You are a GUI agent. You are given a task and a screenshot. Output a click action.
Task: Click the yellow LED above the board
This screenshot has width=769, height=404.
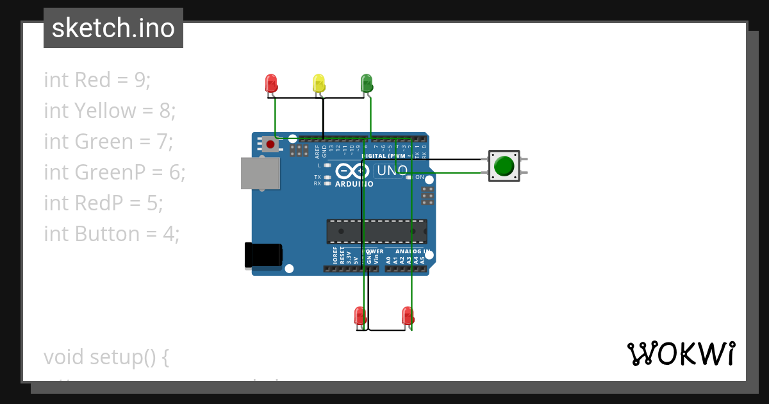pyautogui.click(x=318, y=83)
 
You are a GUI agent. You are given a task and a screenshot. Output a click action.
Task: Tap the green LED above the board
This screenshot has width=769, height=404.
pyautogui.click(x=367, y=82)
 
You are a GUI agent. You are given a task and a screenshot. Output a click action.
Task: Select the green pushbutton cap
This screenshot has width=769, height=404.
pyautogui.click(x=504, y=166)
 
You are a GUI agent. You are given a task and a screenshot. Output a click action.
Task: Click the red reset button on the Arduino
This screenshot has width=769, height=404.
pyautogui.click(x=270, y=144)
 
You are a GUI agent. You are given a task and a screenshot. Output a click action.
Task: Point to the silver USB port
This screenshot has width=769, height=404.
pyautogui.click(x=260, y=173)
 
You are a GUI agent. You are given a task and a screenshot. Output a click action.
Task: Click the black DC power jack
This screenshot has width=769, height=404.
pyautogui.click(x=263, y=255)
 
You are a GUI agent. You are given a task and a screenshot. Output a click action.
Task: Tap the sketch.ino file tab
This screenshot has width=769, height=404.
pyautogui.click(x=113, y=28)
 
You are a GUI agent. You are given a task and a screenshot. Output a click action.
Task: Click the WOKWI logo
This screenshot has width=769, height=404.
pyautogui.click(x=681, y=354)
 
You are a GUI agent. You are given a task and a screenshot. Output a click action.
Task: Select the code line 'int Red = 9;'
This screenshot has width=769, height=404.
pyautogui.click(x=97, y=80)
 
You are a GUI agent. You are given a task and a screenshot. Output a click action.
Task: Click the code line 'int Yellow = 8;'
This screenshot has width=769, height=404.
pyautogui.click(x=110, y=110)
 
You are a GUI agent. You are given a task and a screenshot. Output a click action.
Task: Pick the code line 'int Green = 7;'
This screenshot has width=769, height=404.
pyautogui.click(x=108, y=141)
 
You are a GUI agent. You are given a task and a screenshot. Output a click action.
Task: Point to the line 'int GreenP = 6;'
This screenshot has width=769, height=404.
pyautogui.click(x=114, y=172)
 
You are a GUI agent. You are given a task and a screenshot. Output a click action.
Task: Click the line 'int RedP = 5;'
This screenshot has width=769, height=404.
pyautogui.click(x=103, y=203)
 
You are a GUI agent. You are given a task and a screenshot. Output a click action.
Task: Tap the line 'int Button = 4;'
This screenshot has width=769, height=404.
pyautogui.click(x=111, y=233)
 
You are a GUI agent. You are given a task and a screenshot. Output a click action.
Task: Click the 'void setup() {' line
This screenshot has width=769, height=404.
pyautogui.click(x=106, y=357)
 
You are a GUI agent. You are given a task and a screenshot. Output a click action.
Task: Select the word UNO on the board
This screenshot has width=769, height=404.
pyautogui.click(x=391, y=171)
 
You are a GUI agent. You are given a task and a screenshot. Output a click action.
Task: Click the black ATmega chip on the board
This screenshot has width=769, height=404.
pyautogui.click(x=377, y=231)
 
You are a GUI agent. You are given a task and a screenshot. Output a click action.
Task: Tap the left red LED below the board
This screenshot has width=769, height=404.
pyautogui.click(x=360, y=316)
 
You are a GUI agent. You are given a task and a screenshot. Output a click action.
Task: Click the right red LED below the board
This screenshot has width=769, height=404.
pyautogui.click(x=408, y=316)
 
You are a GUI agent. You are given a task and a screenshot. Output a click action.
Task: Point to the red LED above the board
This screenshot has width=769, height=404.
pyautogui.click(x=271, y=83)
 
